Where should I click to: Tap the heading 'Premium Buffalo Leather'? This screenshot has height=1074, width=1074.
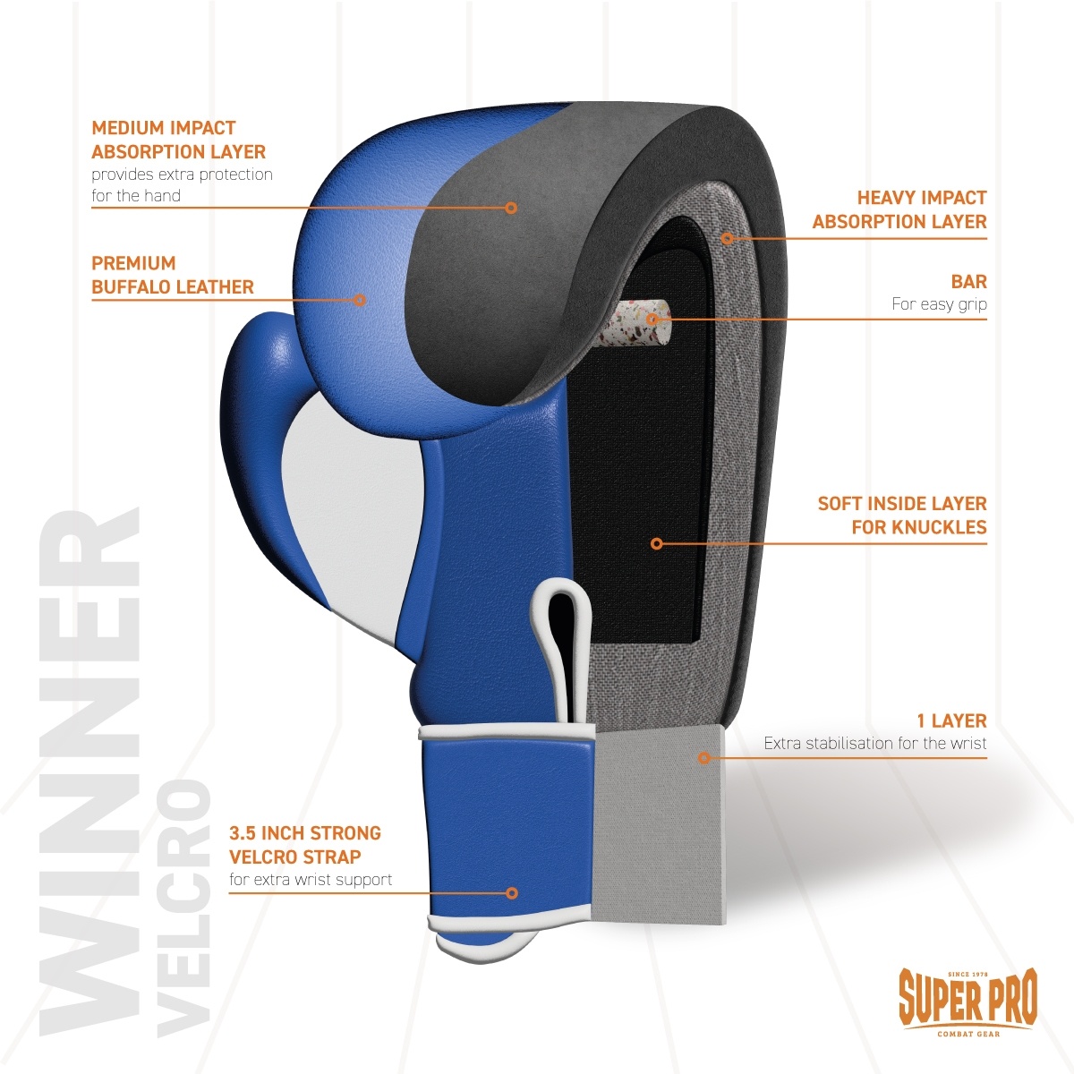click(x=173, y=275)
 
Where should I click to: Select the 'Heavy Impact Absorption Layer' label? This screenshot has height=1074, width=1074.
click(x=899, y=209)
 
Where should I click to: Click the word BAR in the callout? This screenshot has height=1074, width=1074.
click(x=968, y=282)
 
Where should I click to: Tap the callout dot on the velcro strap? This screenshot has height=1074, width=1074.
click(x=512, y=892)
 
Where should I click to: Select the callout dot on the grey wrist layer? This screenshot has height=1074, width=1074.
click(x=703, y=757)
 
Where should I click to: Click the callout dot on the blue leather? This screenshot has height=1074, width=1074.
click(x=360, y=299)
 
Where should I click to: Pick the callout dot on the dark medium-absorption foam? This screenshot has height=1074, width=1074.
click(x=511, y=208)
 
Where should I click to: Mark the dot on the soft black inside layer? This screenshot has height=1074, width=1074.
click(x=656, y=542)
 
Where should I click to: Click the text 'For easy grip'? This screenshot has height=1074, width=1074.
click(x=939, y=304)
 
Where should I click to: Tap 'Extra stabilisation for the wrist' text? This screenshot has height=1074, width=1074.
click(x=874, y=743)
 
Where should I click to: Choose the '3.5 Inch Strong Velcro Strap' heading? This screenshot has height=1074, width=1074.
click(x=305, y=844)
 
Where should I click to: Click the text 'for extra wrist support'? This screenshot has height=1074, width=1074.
click(x=311, y=880)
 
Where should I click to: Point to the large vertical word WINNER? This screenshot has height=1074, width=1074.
click(x=89, y=770)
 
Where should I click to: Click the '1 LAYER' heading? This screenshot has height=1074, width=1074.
click(x=950, y=720)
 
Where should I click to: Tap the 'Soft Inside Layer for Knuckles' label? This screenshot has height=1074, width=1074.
click(x=902, y=515)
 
